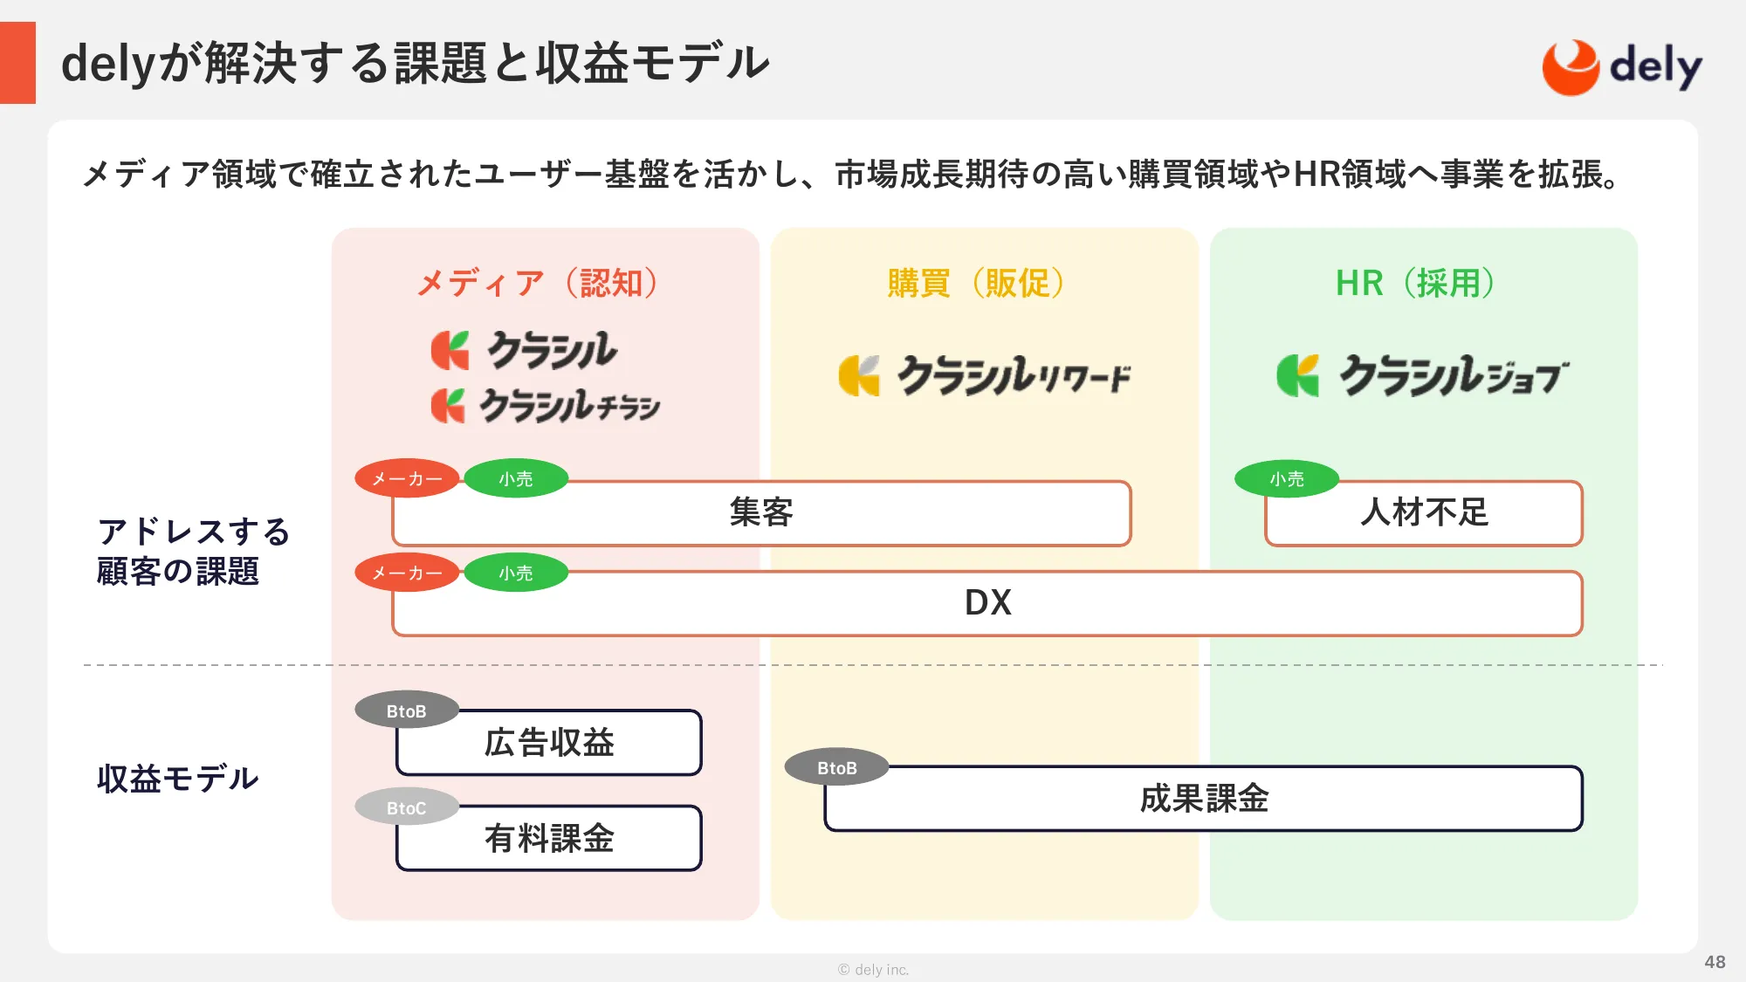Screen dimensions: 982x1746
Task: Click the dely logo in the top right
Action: point(1622,67)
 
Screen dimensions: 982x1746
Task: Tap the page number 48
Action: point(1715,962)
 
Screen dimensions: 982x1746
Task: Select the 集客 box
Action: point(761,513)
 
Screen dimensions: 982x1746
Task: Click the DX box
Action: point(987,603)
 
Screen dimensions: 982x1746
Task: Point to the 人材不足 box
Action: point(1423,513)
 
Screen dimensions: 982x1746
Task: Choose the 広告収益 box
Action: point(549,743)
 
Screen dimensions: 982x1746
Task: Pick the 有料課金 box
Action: point(549,839)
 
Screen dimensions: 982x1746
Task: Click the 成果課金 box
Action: point(1203,799)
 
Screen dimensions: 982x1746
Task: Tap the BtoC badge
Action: point(407,808)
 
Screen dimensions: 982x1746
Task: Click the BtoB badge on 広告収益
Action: point(407,711)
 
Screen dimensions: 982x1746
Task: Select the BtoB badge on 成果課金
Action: point(837,768)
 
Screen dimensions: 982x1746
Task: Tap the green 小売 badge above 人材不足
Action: point(1287,479)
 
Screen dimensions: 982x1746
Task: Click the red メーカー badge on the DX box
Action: point(407,573)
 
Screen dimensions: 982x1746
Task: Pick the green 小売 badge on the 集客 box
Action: point(516,479)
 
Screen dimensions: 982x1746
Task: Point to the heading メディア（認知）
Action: point(538,283)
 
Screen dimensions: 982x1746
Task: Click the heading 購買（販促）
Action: point(976,283)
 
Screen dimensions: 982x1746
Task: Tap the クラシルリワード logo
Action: point(985,376)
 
